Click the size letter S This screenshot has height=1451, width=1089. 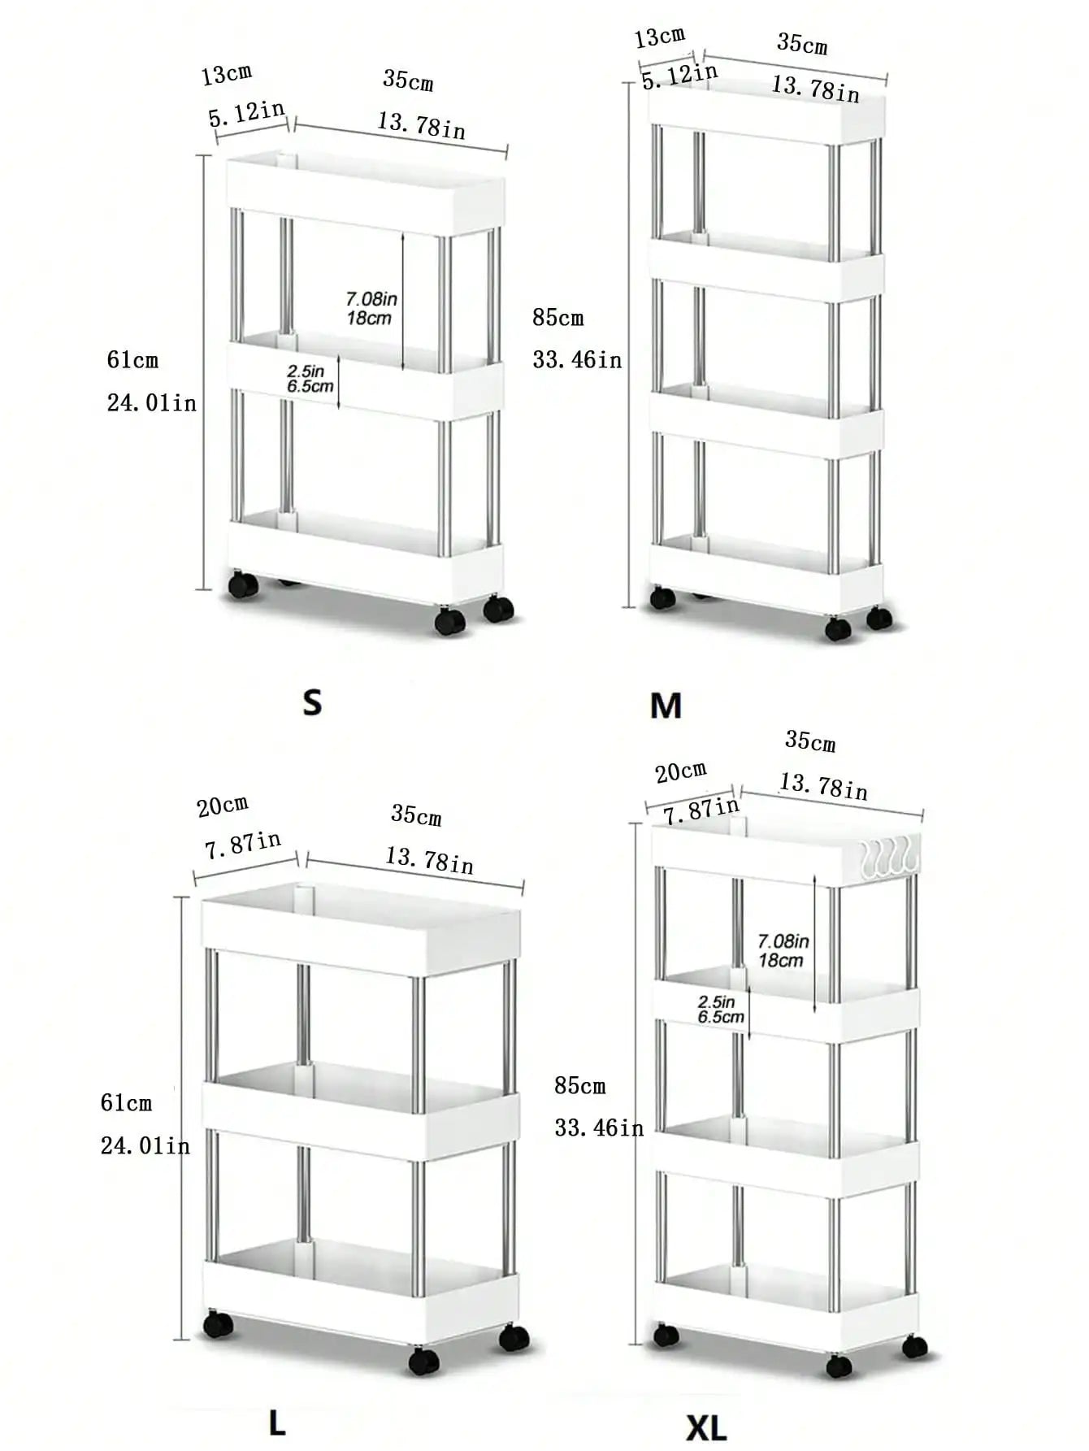click(x=312, y=702)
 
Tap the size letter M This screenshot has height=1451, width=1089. click(x=666, y=706)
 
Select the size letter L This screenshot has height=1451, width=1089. click(x=277, y=1423)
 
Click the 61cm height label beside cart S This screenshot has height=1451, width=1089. click(x=132, y=360)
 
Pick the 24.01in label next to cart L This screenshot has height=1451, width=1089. click(x=145, y=1146)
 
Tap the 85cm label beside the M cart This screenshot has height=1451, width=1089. click(x=558, y=318)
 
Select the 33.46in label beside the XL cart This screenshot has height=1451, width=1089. click(x=599, y=1128)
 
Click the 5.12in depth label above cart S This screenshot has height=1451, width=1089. click(x=246, y=113)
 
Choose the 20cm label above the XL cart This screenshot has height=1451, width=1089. click(x=680, y=771)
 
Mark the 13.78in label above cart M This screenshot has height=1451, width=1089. click(x=815, y=89)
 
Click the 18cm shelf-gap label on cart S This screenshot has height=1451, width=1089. click(x=369, y=319)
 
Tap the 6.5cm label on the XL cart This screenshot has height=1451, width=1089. click(x=721, y=1017)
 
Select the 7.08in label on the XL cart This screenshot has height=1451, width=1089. click(x=783, y=941)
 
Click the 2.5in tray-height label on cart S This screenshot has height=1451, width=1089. click(x=306, y=371)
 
